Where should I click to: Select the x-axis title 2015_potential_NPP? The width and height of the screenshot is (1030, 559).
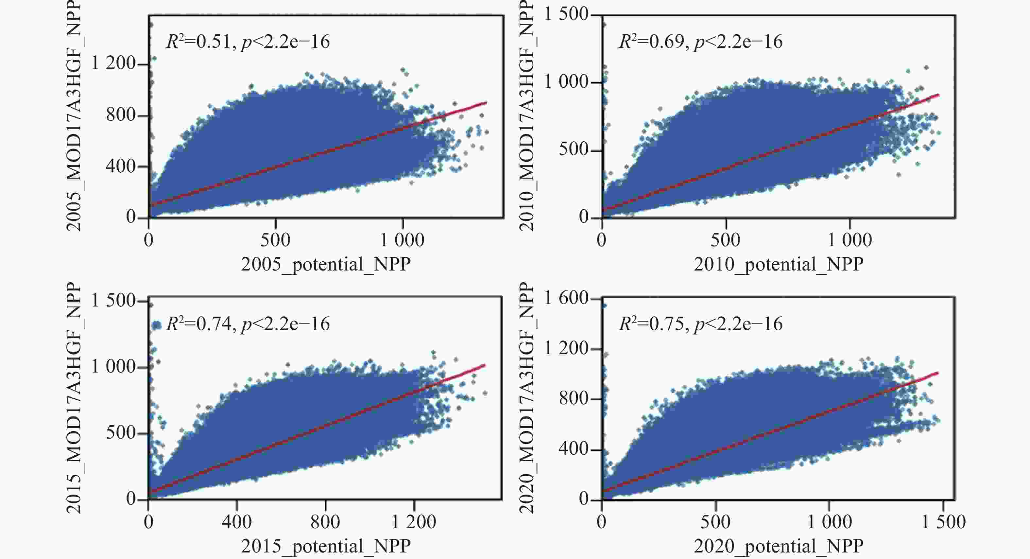pos(325,546)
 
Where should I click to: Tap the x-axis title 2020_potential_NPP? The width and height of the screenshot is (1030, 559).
pos(779,546)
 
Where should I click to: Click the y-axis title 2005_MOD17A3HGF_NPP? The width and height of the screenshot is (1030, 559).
pos(74,116)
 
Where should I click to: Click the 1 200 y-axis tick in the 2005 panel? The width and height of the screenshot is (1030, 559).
pos(114,63)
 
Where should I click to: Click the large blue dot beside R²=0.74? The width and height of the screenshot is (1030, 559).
pos(157,325)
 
